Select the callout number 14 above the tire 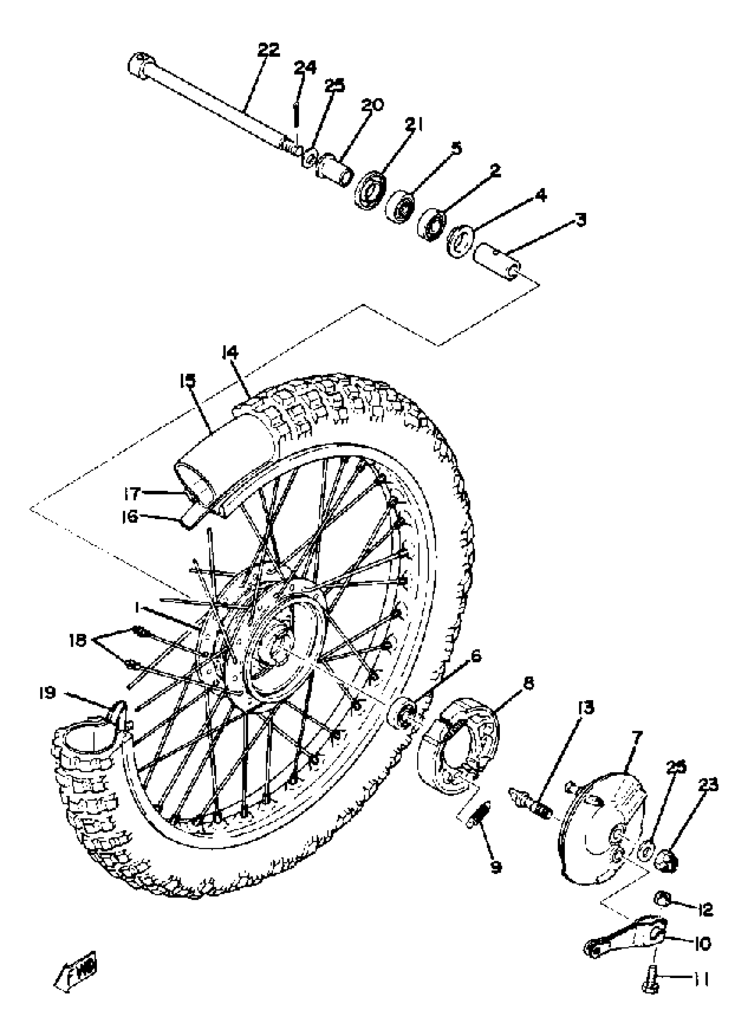[230, 352]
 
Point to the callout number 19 [47, 693]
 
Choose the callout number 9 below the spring [495, 867]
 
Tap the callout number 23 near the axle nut [708, 784]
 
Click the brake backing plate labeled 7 [602, 827]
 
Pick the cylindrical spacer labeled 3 [497, 258]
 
